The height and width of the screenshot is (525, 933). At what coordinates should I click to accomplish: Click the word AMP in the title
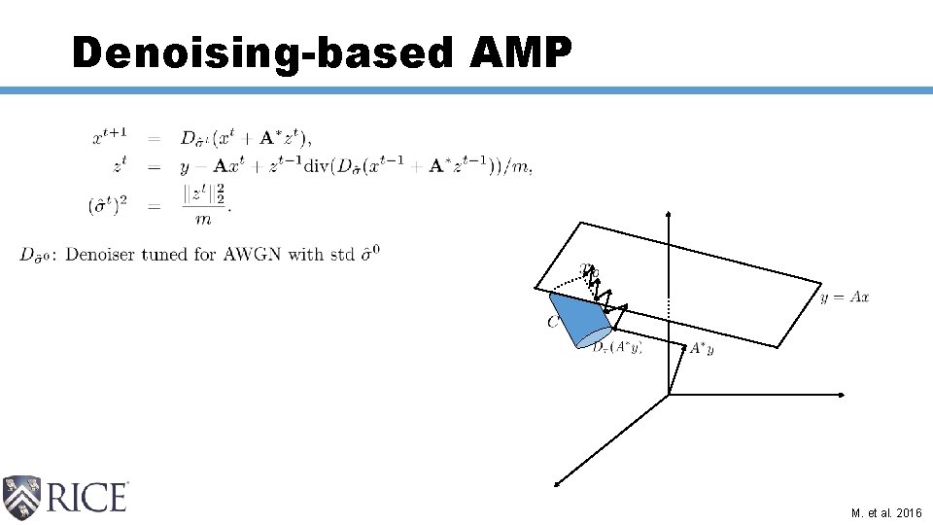pyautogui.click(x=519, y=52)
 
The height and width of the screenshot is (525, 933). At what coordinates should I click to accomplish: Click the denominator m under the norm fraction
pyautogui.click(x=202, y=220)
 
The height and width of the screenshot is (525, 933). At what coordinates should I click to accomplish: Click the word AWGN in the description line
pyautogui.click(x=254, y=255)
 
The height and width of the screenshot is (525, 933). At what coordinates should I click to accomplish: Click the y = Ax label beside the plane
pyautogui.click(x=845, y=297)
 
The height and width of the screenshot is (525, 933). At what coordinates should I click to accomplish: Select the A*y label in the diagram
pyautogui.click(x=701, y=349)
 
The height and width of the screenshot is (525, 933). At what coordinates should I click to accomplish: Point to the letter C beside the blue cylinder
pyautogui.click(x=552, y=322)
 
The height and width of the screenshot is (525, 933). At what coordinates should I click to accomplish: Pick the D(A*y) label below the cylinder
pyautogui.click(x=617, y=347)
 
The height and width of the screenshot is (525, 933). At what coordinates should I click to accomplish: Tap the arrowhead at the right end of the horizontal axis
pyautogui.click(x=845, y=395)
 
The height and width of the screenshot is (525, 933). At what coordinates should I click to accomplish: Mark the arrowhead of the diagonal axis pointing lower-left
pyautogui.click(x=557, y=482)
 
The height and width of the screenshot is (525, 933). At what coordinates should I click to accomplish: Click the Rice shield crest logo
pyautogui.click(x=21, y=498)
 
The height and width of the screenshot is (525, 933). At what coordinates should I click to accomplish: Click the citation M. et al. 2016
pyautogui.click(x=886, y=511)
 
